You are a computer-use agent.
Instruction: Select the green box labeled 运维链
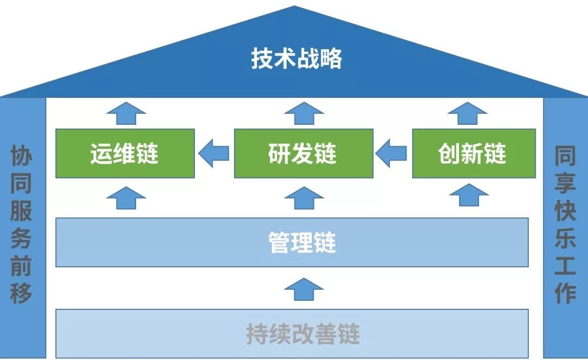click(x=125, y=154)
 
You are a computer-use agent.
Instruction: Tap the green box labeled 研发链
click(x=303, y=154)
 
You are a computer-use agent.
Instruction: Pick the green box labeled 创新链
click(x=474, y=154)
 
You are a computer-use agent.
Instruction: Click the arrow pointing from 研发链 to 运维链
click(x=213, y=154)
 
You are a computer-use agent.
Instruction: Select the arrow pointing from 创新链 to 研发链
click(x=392, y=154)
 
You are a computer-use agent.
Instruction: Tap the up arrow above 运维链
click(x=126, y=113)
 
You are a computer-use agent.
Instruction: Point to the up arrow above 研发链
click(x=304, y=113)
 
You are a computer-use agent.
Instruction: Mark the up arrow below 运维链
click(x=126, y=197)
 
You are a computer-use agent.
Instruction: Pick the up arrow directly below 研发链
click(x=304, y=197)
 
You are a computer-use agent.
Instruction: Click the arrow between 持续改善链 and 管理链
click(x=304, y=289)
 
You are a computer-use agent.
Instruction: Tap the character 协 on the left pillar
click(x=21, y=156)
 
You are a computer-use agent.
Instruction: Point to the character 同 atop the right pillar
click(x=565, y=156)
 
